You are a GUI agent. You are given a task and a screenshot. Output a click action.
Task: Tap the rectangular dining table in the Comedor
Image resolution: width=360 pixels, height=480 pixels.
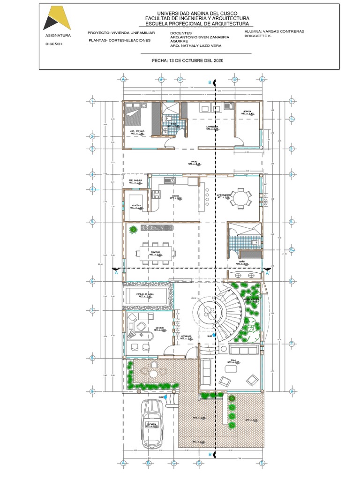coord(156,253)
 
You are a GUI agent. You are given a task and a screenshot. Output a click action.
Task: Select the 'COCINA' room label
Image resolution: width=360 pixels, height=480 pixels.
coord(176,196)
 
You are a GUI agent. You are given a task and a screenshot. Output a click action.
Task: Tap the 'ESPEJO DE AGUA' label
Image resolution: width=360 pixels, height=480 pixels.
coord(145,294)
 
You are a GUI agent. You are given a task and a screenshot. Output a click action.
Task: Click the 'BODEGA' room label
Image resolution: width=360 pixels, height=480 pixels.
coord(247,112)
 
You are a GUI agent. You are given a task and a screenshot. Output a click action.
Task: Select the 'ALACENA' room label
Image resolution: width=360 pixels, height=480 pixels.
coord(136,205)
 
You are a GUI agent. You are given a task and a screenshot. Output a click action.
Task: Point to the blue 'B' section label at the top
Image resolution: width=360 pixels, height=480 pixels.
coord(210,82)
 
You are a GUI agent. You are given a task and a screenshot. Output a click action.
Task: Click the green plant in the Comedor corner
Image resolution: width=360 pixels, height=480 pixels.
coord(134,229)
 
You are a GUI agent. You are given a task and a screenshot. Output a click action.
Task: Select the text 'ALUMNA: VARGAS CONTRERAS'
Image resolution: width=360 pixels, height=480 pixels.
coord(274,31)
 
